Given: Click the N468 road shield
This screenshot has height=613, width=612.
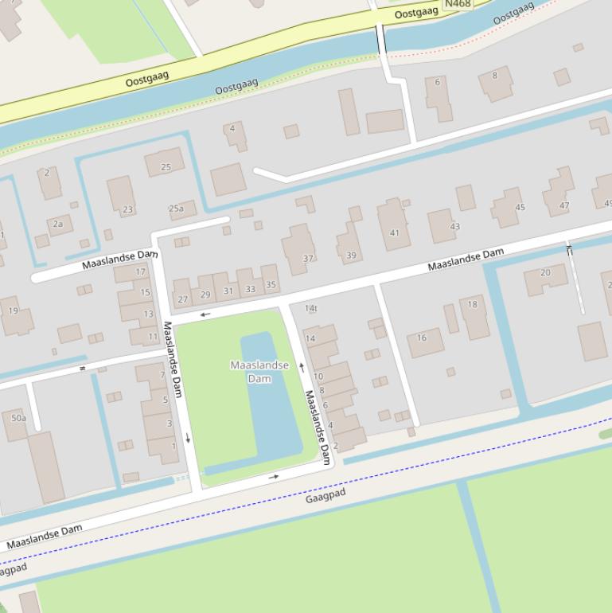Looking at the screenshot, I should click(457, 4).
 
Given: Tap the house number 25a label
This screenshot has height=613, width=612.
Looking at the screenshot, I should click(176, 209).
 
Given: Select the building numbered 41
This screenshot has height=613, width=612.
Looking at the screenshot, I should click(394, 226).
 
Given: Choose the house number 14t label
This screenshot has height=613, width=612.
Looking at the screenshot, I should click(311, 308).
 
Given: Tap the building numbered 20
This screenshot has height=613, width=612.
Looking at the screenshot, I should click(545, 278).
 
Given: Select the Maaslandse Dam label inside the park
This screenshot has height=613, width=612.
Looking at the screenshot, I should click(259, 371).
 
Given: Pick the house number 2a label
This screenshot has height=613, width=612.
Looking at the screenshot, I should click(58, 225).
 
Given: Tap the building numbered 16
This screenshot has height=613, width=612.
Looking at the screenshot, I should click(424, 342).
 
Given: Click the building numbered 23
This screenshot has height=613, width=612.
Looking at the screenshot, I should click(123, 197).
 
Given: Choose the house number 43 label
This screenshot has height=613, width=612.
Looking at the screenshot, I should click(454, 227).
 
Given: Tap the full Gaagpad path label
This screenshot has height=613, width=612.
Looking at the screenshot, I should click(325, 497).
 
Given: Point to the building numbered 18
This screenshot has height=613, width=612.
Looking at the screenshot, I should click(475, 315).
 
